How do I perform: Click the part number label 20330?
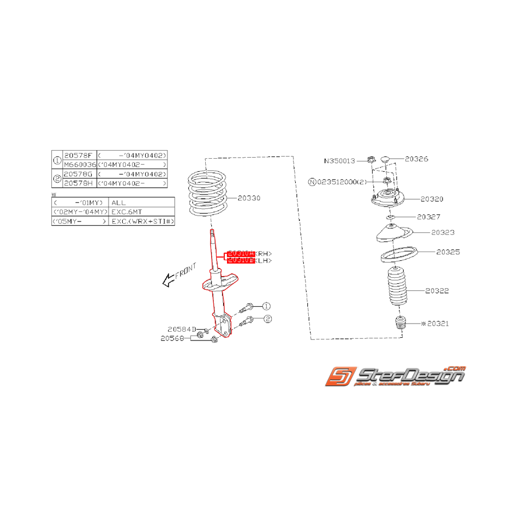pyautogui.click(x=249, y=198)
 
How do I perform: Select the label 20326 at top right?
pyautogui.click(x=416, y=159)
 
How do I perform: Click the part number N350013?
pyautogui.click(x=339, y=161)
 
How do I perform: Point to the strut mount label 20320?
pyautogui.click(x=432, y=199)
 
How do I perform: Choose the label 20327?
pyautogui.click(x=428, y=217)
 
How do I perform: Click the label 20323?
pyautogui.click(x=443, y=232)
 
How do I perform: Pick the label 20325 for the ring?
pyautogui.click(x=447, y=252)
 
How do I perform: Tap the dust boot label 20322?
pyautogui.click(x=437, y=291)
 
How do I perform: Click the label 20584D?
pyautogui.click(x=181, y=329)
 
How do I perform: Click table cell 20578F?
pyautogui.click(x=79, y=156)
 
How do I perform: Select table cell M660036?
pyautogui.click(x=79, y=164)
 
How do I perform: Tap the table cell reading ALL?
pyautogui.click(x=118, y=202)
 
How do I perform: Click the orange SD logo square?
pyautogui.click(x=340, y=377)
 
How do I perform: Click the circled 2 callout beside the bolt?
pyautogui.click(x=267, y=319)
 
